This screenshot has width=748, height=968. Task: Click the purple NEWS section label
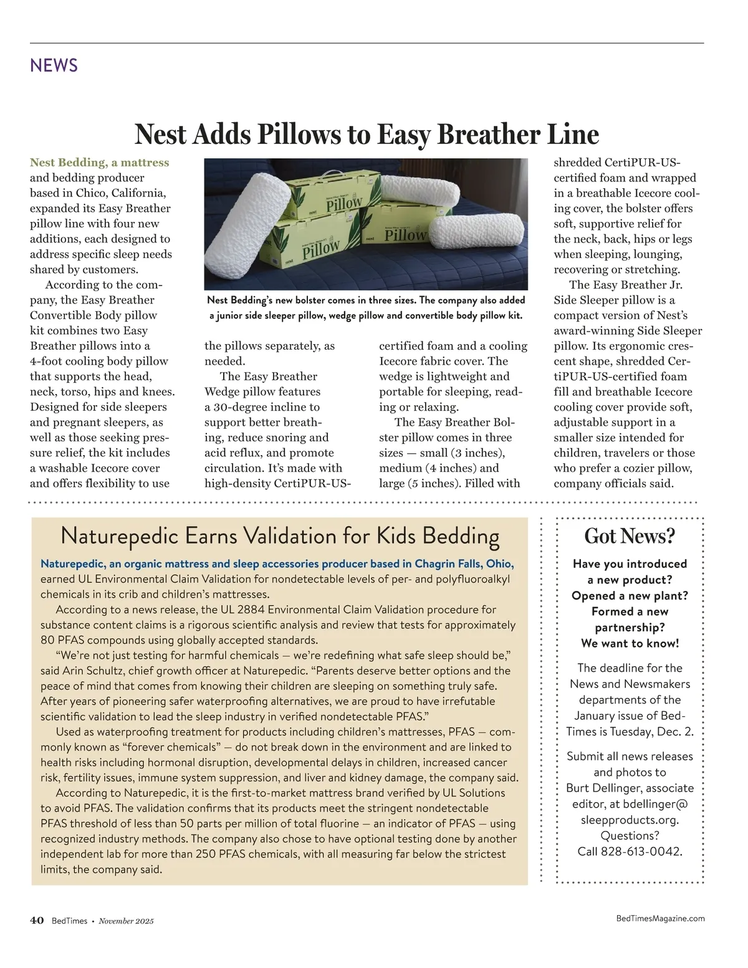click(x=54, y=65)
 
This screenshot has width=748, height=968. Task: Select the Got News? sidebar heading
click(x=630, y=536)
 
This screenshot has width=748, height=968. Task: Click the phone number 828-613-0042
click(x=641, y=851)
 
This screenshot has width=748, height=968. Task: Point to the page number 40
click(x=37, y=921)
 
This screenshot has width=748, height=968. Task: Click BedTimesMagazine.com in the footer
click(x=660, y=918)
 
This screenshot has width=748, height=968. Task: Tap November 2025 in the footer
click(x=126, y=921)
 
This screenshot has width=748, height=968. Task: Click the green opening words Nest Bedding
click(x=68, y=163)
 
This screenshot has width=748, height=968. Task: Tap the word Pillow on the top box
click(x=344, y=203)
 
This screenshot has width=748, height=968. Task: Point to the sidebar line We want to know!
click(x=630, y=643)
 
